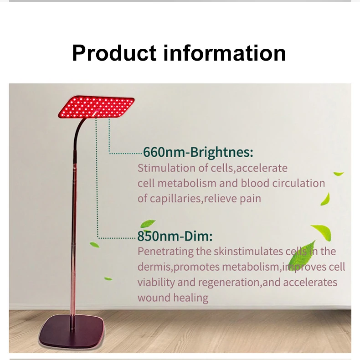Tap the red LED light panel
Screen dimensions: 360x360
tap(97, 107)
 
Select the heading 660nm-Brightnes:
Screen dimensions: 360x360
tap(198, 152)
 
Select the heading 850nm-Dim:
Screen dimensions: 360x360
tap(175, 237)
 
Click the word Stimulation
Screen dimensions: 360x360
tap(167, 168)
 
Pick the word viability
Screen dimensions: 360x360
tap(156, 283)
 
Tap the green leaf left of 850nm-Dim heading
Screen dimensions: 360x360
tap(148, 223)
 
